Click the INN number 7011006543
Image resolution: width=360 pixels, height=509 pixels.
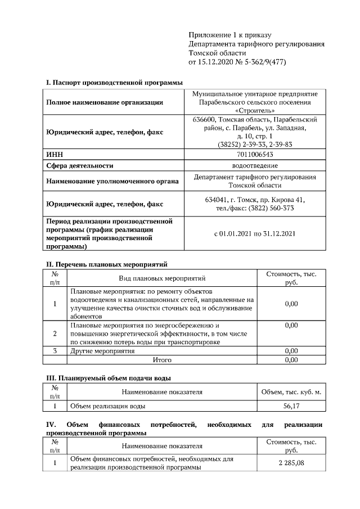255,154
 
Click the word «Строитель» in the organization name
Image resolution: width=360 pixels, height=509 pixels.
255,111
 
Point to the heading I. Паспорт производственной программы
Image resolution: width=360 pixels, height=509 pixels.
114,83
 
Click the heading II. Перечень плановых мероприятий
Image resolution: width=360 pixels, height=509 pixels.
106,264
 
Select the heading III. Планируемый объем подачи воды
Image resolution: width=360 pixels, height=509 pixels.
108,378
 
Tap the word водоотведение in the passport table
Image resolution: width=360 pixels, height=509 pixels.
255,165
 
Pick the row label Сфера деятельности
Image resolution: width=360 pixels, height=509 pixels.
80,165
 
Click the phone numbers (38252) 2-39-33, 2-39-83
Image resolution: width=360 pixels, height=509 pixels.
255,144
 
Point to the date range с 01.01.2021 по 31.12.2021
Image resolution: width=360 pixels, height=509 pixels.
255,233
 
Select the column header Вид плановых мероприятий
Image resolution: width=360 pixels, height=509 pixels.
162,278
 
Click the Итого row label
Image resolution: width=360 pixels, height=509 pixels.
162,360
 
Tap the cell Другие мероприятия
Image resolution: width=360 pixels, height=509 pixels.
102,351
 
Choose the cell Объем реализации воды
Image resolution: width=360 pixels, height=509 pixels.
108,406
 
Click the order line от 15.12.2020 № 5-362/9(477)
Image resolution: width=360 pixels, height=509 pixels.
237,62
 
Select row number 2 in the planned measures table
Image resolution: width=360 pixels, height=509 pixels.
55,334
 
